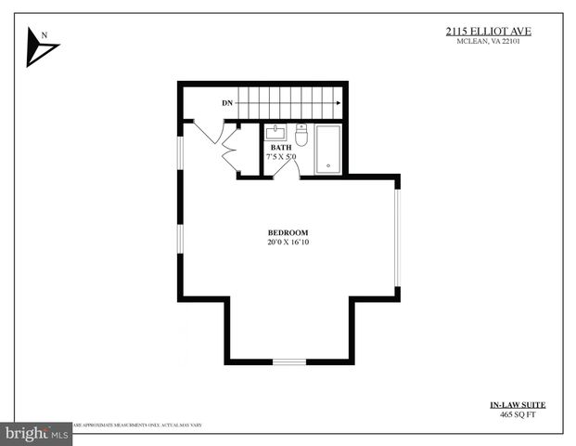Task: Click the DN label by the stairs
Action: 226,102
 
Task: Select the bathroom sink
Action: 276,132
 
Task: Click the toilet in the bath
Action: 301,133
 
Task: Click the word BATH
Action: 281,147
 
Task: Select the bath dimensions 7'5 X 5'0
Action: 281,157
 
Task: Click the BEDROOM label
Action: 288,232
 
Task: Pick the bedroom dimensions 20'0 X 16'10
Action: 288,243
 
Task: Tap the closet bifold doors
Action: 230,151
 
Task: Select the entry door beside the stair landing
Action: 207,131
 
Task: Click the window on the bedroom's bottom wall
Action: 288,361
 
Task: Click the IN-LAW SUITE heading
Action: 518,404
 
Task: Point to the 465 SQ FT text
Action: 518,415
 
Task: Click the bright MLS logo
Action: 36,434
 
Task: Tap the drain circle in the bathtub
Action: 327,168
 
